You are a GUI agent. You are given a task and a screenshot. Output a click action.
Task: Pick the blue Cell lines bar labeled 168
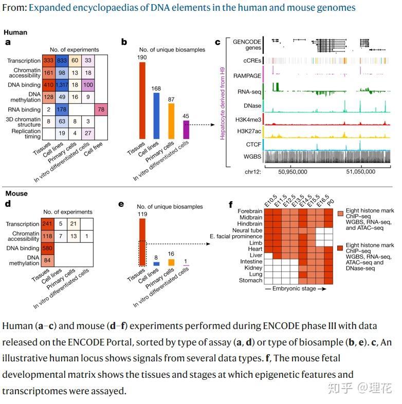[157, 120]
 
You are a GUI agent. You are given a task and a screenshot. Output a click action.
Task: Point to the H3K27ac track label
[249, 131]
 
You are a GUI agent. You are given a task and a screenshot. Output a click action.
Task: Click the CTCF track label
[253, 145]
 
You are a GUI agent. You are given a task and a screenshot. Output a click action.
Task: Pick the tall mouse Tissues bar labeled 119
[142, 241]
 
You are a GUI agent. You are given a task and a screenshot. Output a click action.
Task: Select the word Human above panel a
[15, 32]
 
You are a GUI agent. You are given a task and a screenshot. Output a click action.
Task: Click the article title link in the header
[192, 8]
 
